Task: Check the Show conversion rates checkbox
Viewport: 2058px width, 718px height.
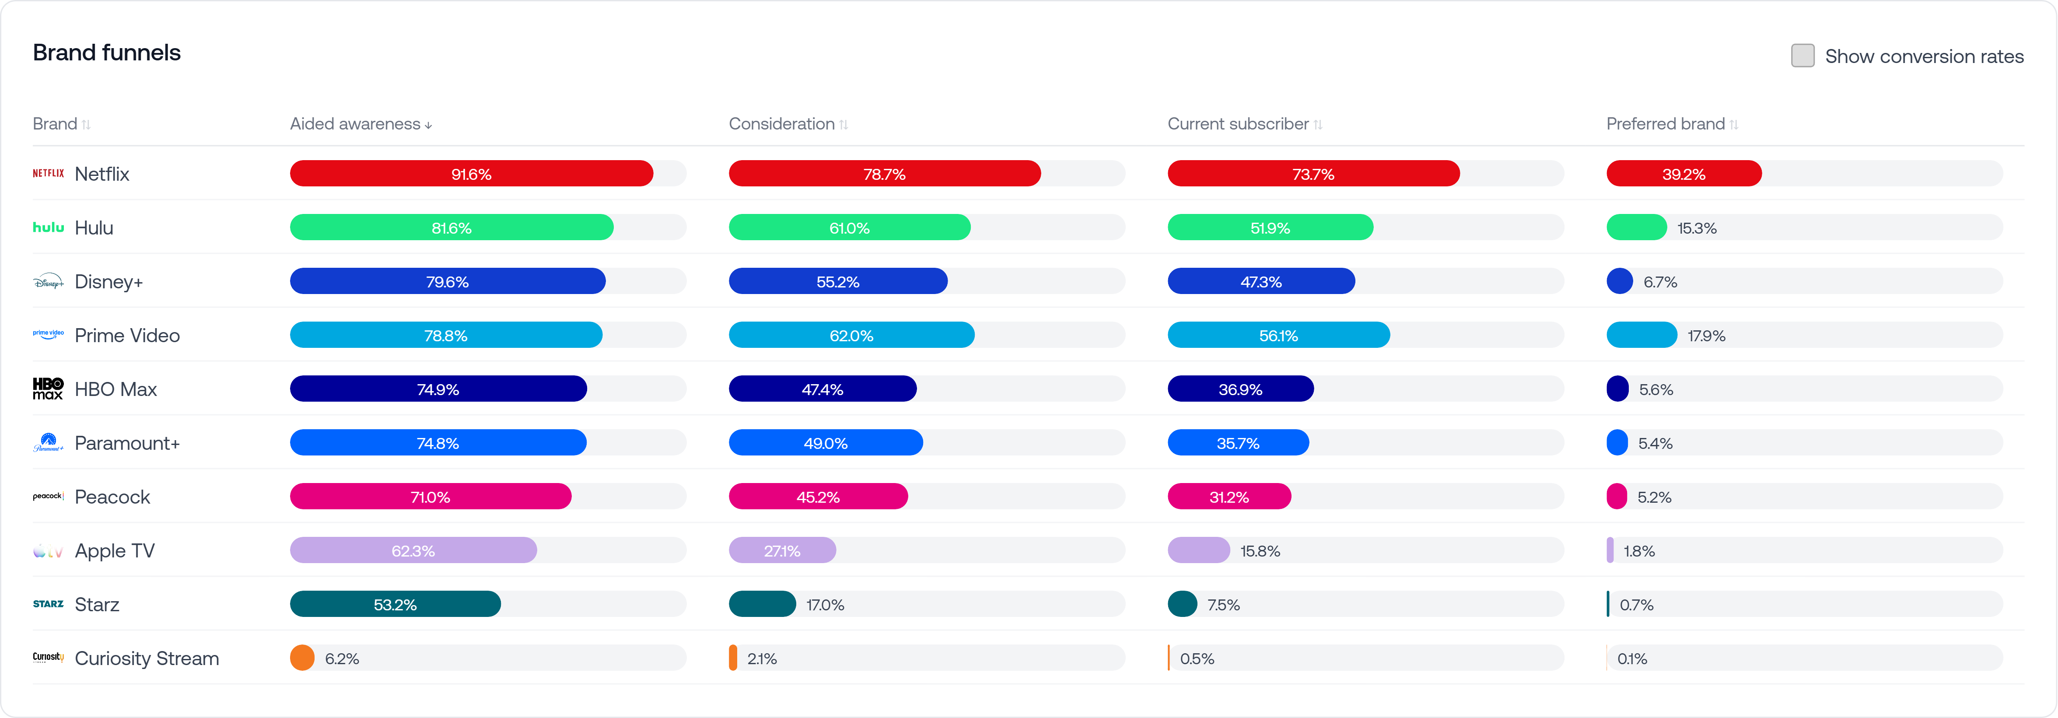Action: (x=1802, y=56)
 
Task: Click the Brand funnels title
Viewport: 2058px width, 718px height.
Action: (x=107, y=53)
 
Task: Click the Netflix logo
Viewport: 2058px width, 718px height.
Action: (x=48, y=173)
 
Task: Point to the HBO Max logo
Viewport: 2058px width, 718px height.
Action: (x=48, y=389)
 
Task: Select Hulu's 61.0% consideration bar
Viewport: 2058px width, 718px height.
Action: (x=849, y=228)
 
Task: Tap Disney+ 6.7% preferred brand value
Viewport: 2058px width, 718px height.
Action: (x=1660, y=282)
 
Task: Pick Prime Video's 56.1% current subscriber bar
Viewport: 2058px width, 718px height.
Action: (x=1278, y=336)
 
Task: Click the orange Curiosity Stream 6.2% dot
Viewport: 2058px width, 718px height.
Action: (x=302, y=658)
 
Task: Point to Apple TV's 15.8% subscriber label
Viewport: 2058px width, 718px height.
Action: (x=1260, y=551)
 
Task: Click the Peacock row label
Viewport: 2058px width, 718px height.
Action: (x=112, y=497)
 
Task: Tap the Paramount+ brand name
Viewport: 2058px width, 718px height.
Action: (x=127, y=443)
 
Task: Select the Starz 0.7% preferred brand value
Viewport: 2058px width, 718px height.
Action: (x=1636, y=605)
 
